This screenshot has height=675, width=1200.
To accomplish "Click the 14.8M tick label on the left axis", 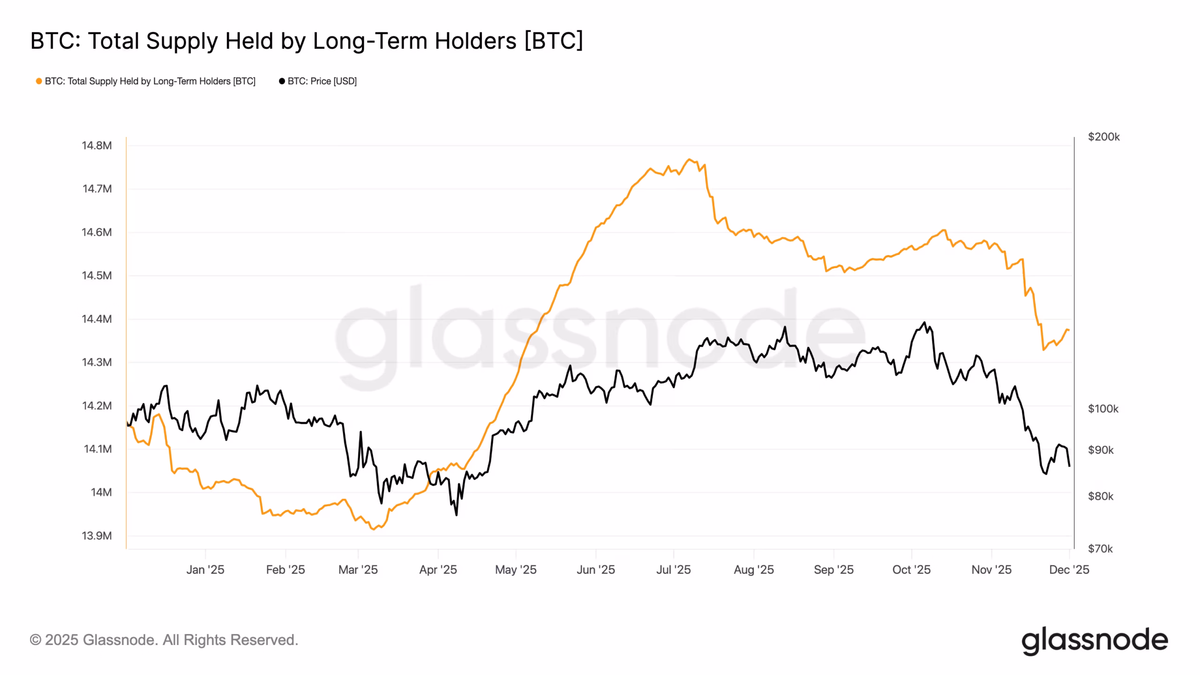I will tap(97, 146).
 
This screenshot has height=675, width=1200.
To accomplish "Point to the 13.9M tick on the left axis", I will tap(97, 536).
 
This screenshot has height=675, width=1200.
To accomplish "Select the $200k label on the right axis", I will tap(1103, 137).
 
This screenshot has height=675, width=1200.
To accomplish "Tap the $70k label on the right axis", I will tap(1100, 549).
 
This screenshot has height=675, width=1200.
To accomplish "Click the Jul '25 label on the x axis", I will tap(673, 570).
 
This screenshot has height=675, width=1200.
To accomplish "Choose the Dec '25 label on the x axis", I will tap(1069, 570).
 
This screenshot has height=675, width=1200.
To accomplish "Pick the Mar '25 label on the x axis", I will tap(358, 570).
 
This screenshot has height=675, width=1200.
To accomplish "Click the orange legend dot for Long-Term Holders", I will tap(39, 82).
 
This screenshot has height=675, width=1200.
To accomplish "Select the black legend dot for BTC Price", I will tap(282, 82).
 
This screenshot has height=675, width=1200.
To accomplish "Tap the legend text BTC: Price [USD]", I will tap(322, 82).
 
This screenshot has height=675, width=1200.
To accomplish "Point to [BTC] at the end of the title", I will tap(554, 41).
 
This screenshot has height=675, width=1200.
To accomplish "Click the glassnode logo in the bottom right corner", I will tap(1094, 640).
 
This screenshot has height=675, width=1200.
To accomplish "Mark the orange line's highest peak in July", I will tap(689, 159).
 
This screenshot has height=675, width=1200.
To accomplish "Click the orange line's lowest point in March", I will tap(373, 530).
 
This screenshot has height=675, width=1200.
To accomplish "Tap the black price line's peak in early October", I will tap(924, 322).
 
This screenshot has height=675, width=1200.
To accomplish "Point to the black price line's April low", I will tap(456, 515).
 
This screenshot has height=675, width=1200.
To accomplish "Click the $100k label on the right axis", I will tap(1102, 409).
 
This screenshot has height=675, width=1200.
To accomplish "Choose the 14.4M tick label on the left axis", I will tap(97, 319).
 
